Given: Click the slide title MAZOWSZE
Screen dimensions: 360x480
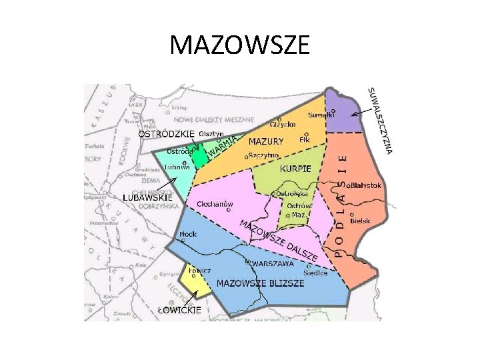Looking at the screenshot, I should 240,45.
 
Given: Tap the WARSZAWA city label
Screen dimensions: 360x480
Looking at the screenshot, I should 273,264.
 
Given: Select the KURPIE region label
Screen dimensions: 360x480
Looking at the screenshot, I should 295,169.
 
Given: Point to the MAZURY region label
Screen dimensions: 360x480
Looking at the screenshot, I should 266,141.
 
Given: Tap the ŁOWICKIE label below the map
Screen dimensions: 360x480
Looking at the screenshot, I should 179,309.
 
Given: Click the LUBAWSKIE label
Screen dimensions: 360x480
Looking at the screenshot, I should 148,197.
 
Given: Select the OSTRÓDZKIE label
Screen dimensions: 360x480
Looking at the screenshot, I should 166,133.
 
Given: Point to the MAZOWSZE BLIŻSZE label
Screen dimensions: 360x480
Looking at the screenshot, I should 261,283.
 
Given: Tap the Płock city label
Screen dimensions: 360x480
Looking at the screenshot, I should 188,235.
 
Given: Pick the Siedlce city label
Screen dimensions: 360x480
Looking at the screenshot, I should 315,272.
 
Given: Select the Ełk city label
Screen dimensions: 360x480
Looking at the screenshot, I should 305,139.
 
